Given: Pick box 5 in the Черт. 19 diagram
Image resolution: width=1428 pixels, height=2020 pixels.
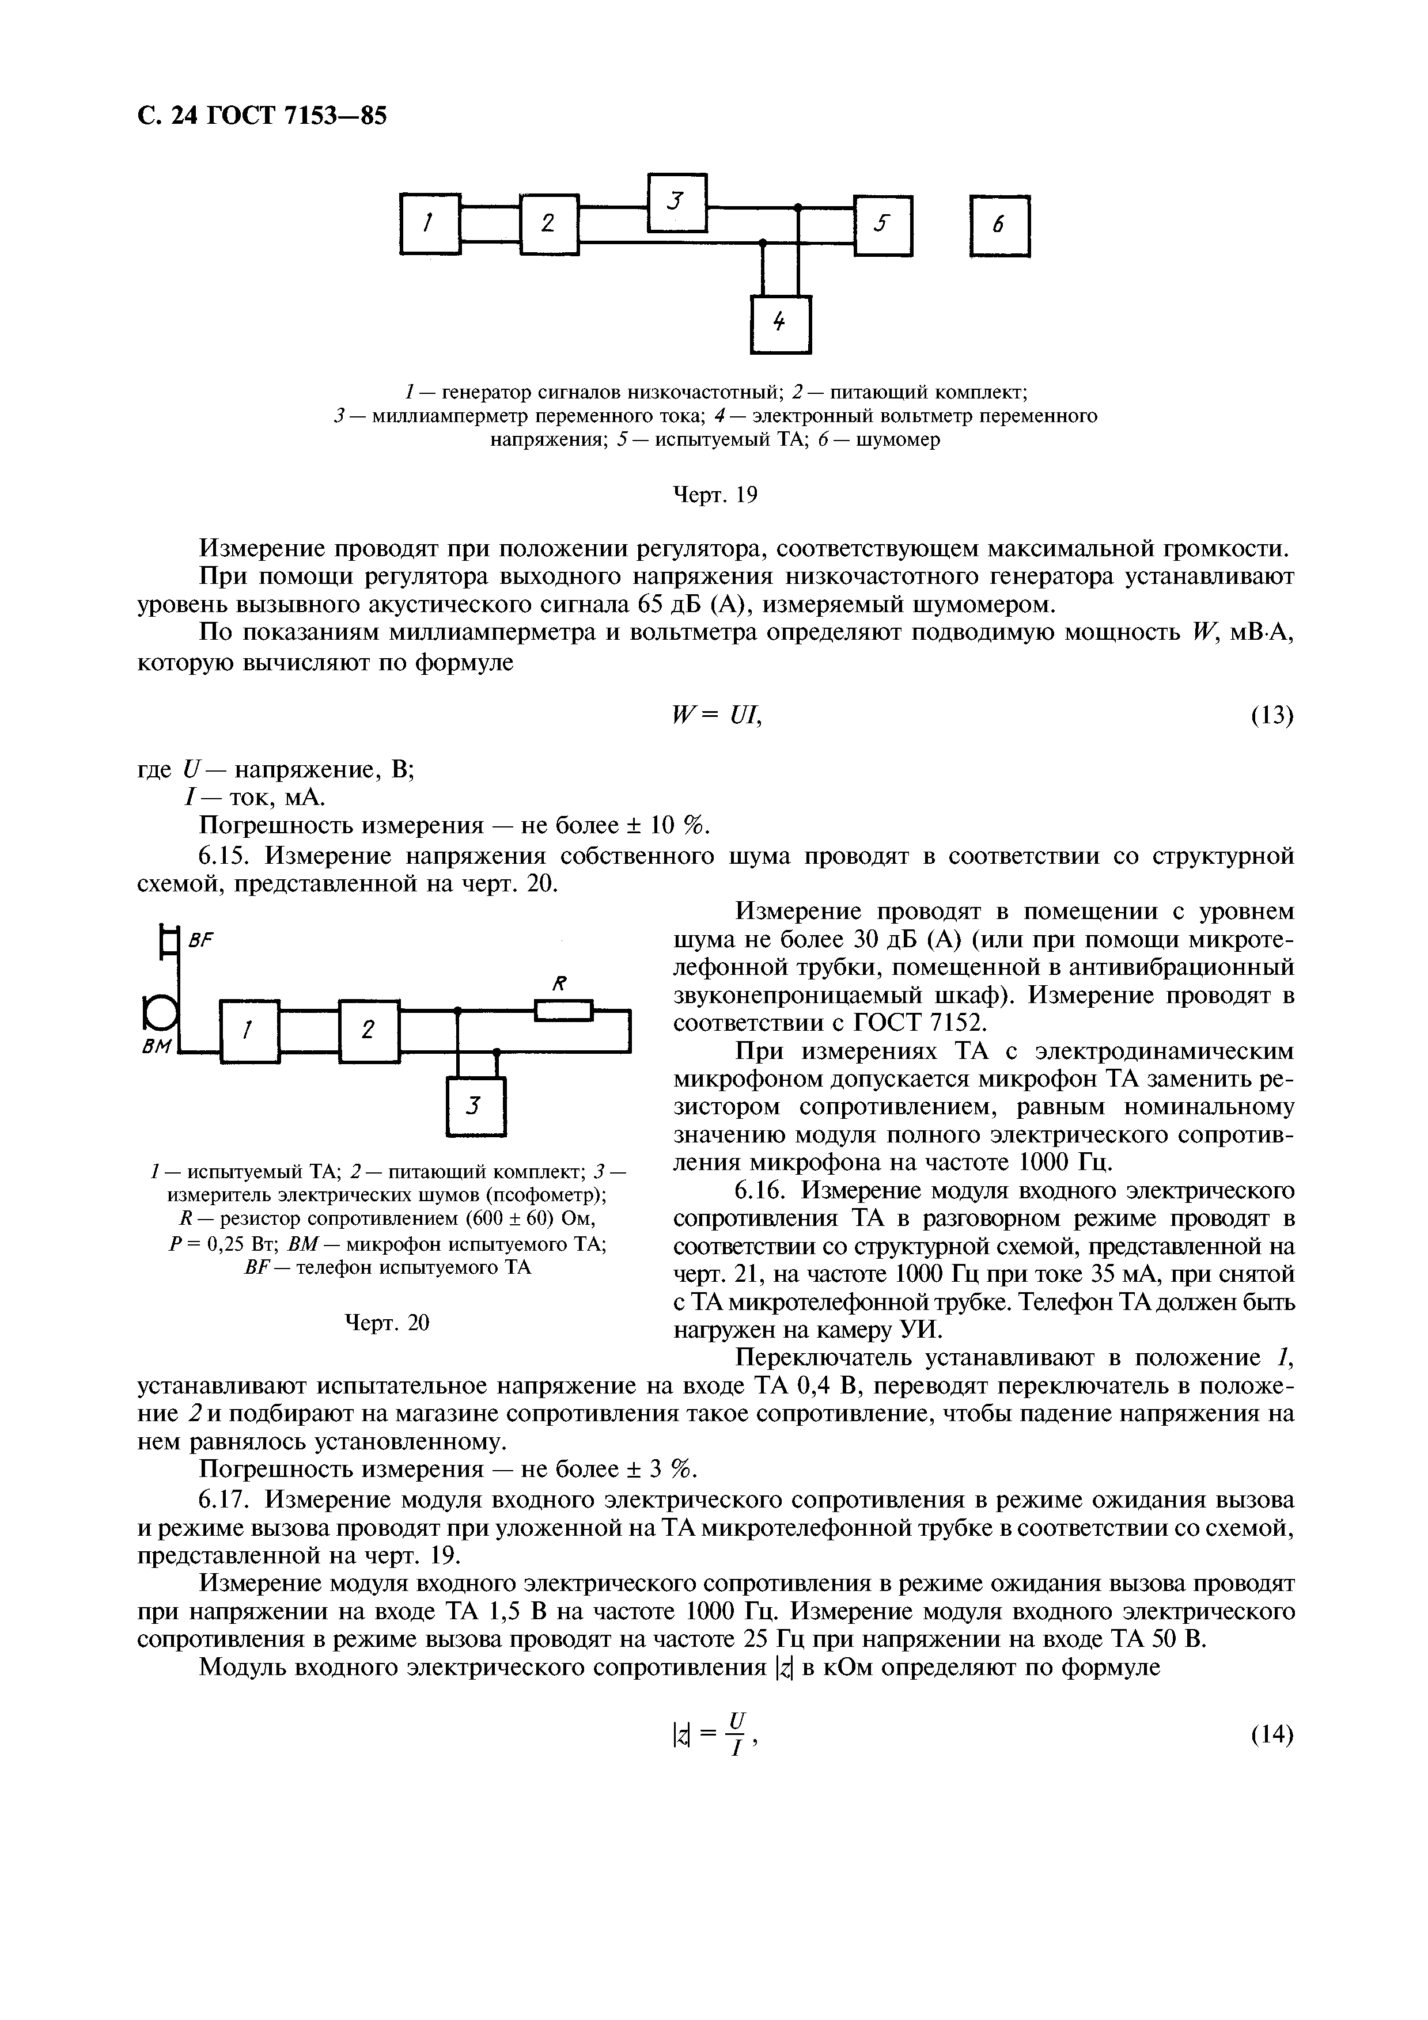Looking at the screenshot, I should click(x=884, y=225).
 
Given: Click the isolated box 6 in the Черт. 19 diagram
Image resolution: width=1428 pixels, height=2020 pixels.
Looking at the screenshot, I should click(x=999, y=225).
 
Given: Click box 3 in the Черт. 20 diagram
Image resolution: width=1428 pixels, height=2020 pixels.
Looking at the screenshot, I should click(x=476, y=1106).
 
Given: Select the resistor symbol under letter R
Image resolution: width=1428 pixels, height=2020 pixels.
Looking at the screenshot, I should click(x=564, y=1013).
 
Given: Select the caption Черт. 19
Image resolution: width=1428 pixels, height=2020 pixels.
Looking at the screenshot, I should click(x=714, y=496).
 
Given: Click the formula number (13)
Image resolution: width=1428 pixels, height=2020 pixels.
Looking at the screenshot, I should click(x=1271, y=716).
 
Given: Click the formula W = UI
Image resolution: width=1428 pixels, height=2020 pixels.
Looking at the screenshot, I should click(x=714, y=716).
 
